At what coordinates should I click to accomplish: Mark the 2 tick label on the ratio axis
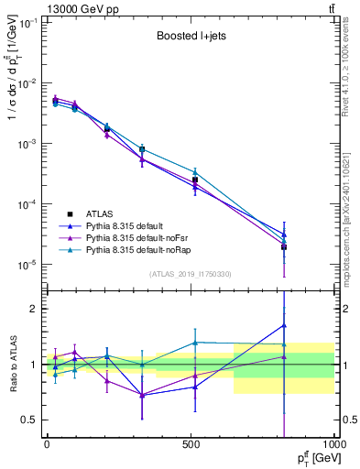(x=33, y=309)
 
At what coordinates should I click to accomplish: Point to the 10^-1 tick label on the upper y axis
(x=27, y=23)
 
